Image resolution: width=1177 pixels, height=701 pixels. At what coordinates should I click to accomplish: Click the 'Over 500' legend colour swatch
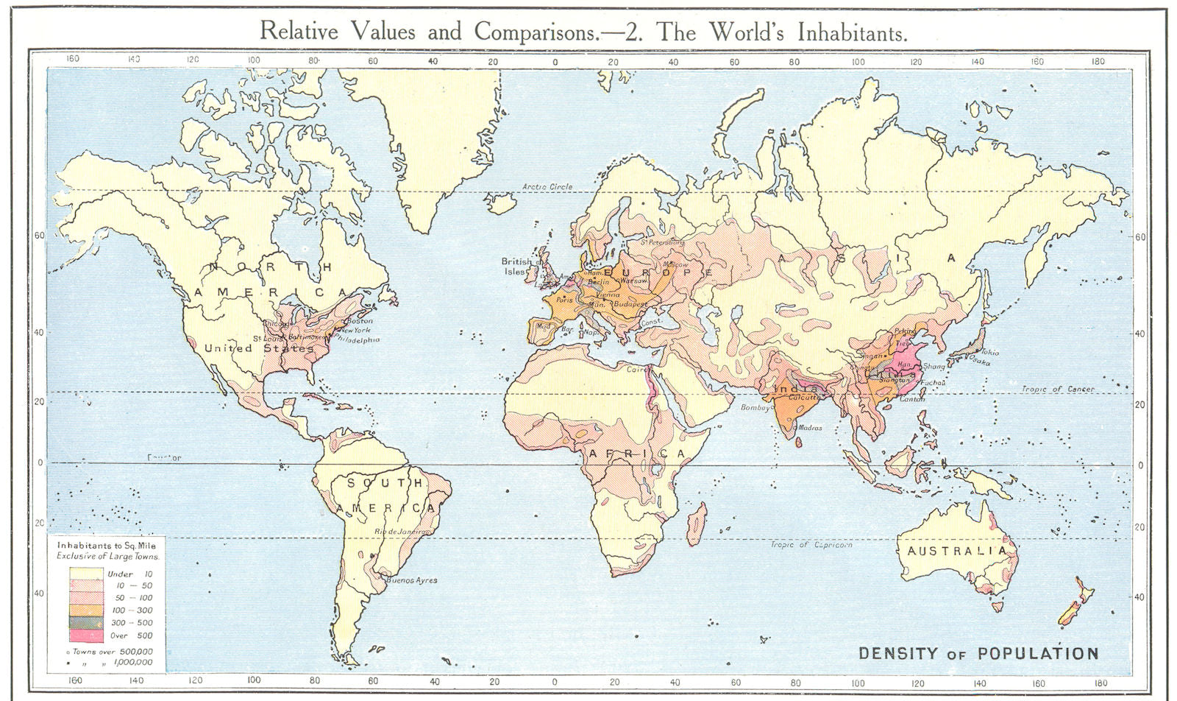pyautogui.click(x=85, y=635)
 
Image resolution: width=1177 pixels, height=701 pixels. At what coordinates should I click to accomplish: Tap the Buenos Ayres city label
pyautogui.click(x=411, y=580)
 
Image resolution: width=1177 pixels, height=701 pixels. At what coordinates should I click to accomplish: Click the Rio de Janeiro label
pyautogui.click(x=401, y=531)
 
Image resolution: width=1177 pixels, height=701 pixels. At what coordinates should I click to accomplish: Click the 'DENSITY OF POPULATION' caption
pyautogui.click(x=978, y=653)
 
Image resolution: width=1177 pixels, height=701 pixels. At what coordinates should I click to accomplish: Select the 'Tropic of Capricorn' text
pyautogui.click(x=811, y=545)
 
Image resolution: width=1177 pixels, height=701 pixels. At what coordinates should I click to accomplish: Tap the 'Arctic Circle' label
pyautogui.click(x=547, y=187)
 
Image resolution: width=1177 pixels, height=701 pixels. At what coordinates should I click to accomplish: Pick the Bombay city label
pyautogui.click(x=755, y=407)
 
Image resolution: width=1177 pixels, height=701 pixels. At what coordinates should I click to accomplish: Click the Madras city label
pyautogui.click(x=811, y=428)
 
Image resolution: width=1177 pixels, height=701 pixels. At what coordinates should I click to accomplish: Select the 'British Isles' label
pyautogui.click(x=516, y=267)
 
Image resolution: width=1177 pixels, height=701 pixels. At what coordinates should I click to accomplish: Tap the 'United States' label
pyautogui.click(x=259, y=348)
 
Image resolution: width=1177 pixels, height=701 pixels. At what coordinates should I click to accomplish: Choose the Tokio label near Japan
pyautogui.click(x=989, y=353)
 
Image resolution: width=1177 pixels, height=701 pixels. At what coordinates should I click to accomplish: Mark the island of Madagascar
pyautogui.click(x=696, y=524)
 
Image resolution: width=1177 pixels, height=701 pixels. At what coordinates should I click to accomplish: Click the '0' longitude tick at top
pyautogui.click(x=555, y=63)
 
